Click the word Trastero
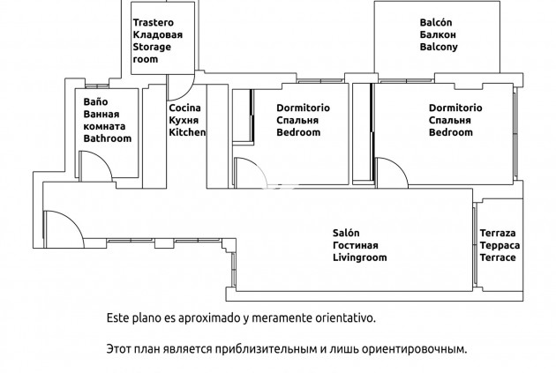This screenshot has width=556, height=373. click(152, 22)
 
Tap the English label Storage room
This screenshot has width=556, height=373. click(151, 53)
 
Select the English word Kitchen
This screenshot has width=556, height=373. click(187, 132)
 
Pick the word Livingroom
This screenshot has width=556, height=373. click(360, 257)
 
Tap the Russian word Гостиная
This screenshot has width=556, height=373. click(356, 245)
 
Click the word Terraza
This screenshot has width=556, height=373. click(498, 233)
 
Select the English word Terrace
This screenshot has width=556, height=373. click(498, 257)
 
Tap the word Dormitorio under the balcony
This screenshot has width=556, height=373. click(455, 108)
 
